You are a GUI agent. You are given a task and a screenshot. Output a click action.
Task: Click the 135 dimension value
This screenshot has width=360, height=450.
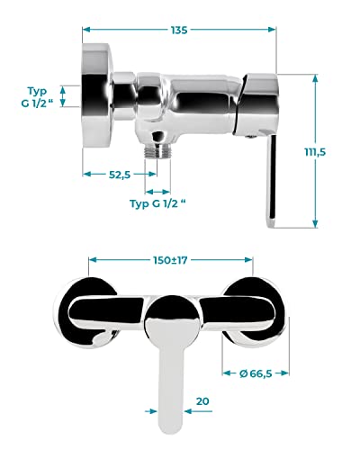coord(179,30)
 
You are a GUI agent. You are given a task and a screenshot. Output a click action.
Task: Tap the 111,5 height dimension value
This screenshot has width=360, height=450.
coord(315,152)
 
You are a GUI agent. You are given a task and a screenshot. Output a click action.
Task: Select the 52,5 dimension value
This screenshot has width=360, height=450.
coord(120,175)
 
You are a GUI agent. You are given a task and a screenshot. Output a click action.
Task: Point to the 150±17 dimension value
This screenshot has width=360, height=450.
coord(170,260)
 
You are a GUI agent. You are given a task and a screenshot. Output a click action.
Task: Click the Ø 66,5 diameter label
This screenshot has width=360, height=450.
coord(256,373)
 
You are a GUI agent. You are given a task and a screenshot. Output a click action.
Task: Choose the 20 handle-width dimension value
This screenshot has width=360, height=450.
coord(202,401)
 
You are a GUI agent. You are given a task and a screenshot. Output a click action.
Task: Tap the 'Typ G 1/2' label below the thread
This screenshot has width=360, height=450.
coord(157,203)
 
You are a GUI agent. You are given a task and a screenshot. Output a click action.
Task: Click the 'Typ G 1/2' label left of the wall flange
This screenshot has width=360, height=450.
coord(37,96)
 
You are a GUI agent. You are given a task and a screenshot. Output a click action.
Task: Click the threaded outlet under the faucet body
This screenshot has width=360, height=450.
coord(157,150)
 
